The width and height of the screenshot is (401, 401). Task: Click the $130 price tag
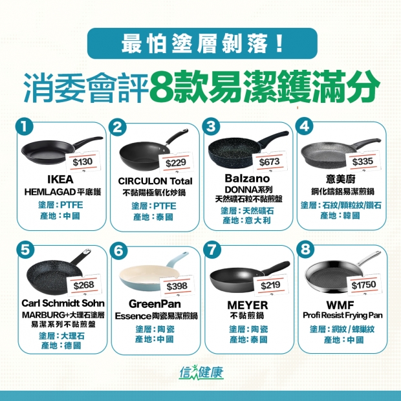(82, 162)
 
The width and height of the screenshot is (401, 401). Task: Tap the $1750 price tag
(363, 285)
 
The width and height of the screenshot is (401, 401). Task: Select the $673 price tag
(269, 162)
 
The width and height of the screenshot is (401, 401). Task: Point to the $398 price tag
(177, 286)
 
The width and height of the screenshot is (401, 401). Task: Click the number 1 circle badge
(25, 126)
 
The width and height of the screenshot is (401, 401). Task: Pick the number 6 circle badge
(118, 251)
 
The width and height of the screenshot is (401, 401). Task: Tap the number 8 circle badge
(305, 249)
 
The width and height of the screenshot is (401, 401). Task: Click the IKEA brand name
(60, 180)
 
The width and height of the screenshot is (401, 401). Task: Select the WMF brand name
(340, 305)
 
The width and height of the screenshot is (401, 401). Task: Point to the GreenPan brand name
(155, 304)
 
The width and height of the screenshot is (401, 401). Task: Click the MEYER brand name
(248, 305)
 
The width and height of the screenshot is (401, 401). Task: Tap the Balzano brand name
(247, 179)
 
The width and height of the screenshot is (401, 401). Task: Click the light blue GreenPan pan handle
(177, 259)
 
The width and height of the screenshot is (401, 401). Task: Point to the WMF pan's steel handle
(369, 257)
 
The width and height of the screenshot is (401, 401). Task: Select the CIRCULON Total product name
(155, 181)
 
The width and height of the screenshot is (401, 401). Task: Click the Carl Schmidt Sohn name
(63, 303)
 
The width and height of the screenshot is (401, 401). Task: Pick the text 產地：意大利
(246, 220)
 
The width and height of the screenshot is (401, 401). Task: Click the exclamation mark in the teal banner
(279, 44)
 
